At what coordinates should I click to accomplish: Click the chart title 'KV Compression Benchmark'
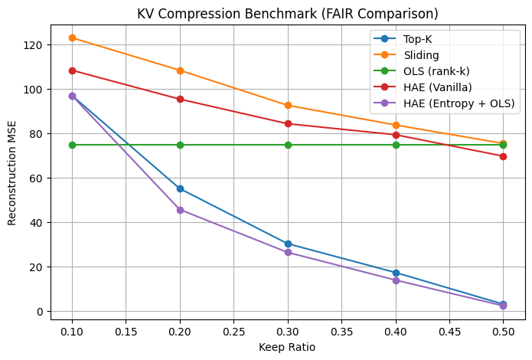click(287, 14)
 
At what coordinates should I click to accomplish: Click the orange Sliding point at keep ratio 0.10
click(72, 38)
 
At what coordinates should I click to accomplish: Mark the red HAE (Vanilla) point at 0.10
click(72, 70)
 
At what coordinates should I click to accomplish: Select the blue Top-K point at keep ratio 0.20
click(180, 188)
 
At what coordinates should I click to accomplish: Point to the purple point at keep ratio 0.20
click(180, 210)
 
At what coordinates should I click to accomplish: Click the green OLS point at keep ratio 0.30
click(288, 145)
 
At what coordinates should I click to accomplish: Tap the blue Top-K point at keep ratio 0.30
click(288, 244)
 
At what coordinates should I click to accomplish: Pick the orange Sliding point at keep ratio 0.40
click(396, 125)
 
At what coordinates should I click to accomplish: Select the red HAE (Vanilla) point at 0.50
click(503, 156)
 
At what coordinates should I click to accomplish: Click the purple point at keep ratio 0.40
click(396, 280)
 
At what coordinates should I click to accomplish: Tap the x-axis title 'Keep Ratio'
click(287, 347)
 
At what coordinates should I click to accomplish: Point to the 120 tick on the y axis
click(34, 45)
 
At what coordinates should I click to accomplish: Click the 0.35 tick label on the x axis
click(341, 332)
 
